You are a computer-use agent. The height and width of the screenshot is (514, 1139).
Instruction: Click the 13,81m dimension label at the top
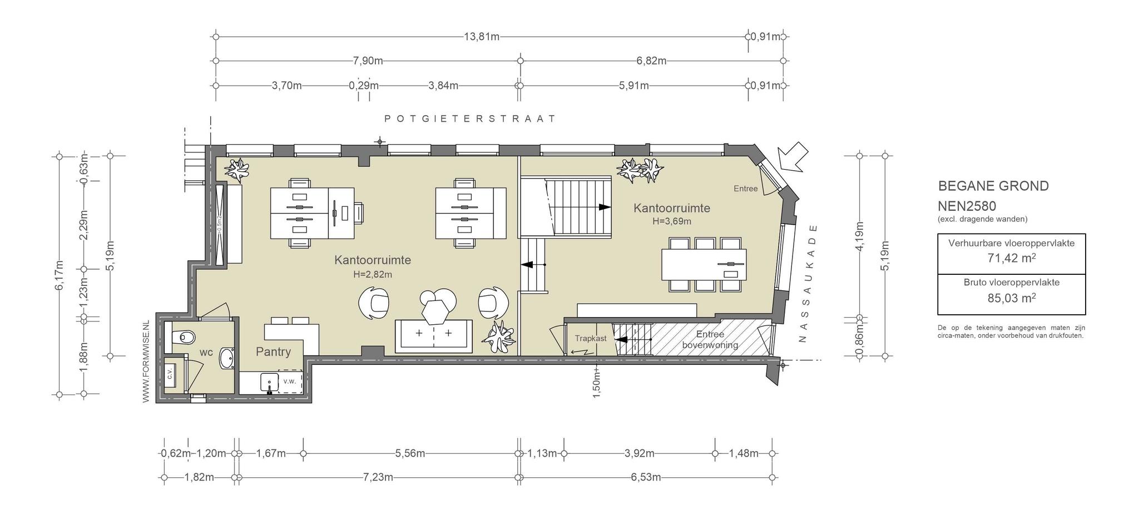482,37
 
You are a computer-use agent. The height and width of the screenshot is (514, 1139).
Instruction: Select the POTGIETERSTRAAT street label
471,118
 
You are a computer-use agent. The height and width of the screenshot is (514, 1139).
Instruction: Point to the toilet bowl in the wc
183,337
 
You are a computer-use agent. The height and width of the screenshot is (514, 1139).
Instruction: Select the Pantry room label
273,352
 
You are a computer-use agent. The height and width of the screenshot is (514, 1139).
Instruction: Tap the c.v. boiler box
171,373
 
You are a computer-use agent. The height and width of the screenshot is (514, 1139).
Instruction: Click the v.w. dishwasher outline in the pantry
290,381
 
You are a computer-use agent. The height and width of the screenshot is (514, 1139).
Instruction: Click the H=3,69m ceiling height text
672,221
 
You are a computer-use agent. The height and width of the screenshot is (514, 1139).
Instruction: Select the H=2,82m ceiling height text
373,274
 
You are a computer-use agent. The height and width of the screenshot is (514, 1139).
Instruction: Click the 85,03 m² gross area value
1011,298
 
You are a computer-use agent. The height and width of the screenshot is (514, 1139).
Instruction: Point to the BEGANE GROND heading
993,186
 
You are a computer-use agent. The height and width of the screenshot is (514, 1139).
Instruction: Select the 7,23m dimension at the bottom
378,477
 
